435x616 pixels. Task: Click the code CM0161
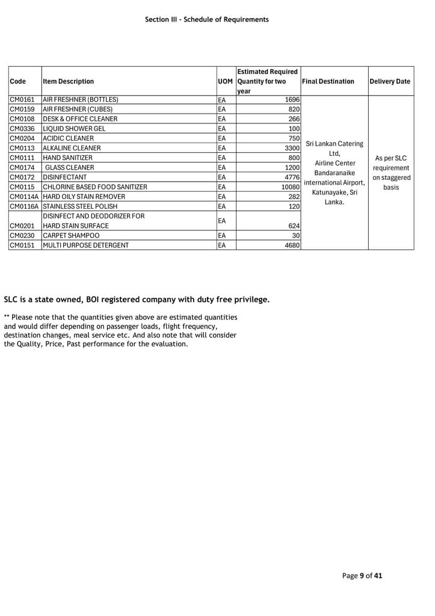pos(22,100)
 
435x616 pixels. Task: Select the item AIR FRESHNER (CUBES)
pos(81,109)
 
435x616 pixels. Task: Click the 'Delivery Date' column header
pos(390,82)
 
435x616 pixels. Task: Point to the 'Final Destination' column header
pos(328,82)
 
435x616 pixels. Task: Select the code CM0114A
pos(25,197)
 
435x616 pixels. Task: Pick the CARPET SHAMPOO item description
pos(71,236)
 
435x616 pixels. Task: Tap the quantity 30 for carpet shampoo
pos(296,236)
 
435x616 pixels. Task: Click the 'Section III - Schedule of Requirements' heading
pos(207,20)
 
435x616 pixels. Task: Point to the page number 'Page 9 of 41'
pos(362,576)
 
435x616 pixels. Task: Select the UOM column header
pos(225,82)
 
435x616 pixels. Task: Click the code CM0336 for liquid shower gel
pos(22,129)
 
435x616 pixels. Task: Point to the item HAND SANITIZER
pos(67,158)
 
